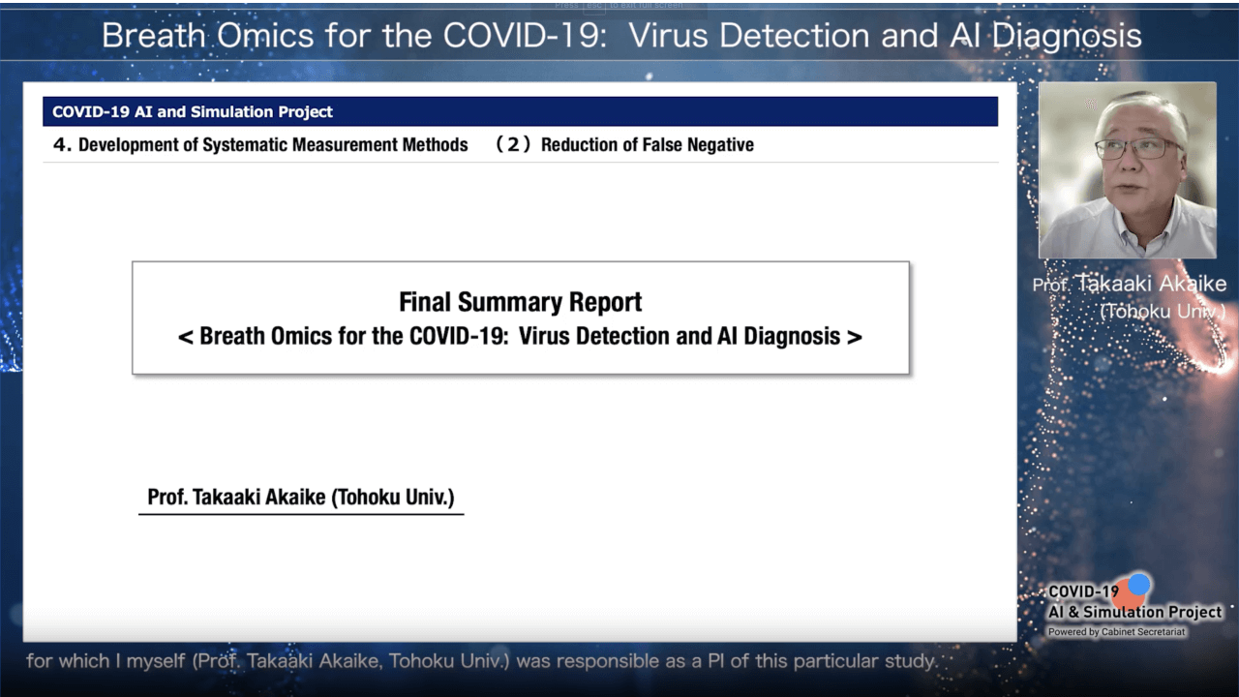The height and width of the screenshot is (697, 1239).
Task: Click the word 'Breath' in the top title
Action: [x=153, y=36]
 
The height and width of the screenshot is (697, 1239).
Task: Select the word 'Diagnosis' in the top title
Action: [x=1067, y=37]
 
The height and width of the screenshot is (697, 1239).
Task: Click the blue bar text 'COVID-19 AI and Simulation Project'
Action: [x=193, y=111]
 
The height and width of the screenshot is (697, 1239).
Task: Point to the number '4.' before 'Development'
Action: [x=62, y=145]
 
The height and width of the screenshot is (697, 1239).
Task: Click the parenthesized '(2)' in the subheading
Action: [x=513, y=144]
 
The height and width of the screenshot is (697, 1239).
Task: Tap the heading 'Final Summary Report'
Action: [x=521, y=302]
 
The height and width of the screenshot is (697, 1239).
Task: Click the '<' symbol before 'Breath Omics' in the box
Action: [x=185, y=337]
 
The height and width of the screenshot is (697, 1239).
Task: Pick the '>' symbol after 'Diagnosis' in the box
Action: [x=855, y=337]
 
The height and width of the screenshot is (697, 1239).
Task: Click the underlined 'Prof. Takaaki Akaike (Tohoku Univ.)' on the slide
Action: [x=301, y=497]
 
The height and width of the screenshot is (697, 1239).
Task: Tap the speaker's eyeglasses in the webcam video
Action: [x=1138, y=148]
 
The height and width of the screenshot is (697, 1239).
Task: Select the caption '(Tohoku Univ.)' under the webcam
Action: [x=1163, y=312]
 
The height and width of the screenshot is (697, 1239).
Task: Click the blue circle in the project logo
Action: [x=1139, y=584]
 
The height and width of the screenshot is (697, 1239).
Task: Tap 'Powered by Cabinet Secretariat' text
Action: [x=1116, y=632]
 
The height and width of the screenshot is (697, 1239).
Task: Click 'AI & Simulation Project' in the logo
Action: [x=1135, y=612]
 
